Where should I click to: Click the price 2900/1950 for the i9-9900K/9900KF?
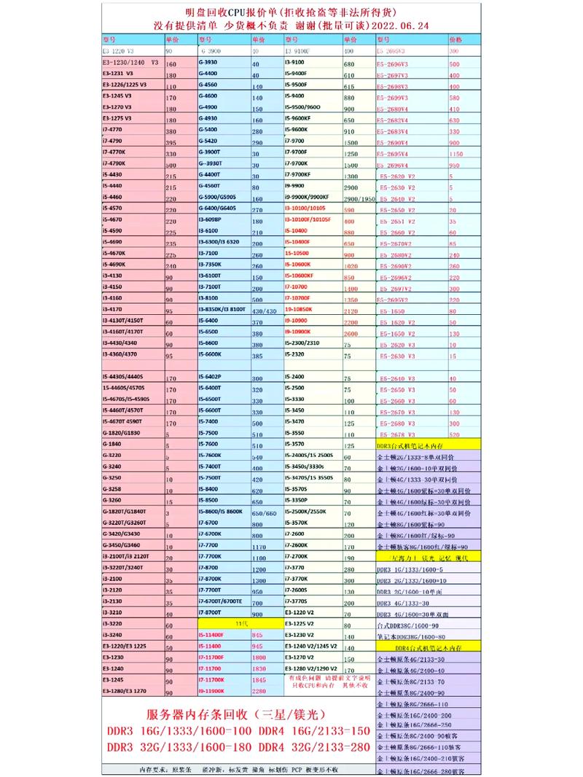[x=358, y=198]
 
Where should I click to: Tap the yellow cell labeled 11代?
[x=240, y=625]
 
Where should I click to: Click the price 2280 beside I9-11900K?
[x=259, y=690]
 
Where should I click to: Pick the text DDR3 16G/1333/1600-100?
[x=179, y=730]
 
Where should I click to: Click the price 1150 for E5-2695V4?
[x=457, y=154]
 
